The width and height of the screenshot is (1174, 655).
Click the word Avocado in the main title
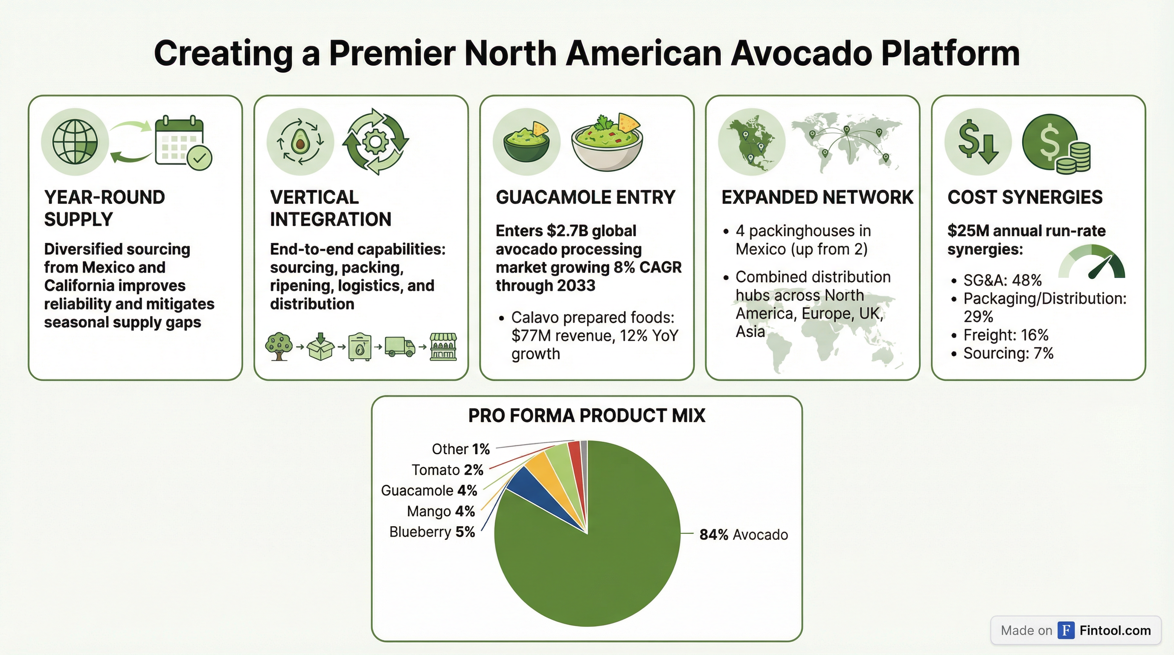802,53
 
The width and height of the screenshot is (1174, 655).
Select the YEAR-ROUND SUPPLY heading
105,208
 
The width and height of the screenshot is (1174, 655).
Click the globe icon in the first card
75,142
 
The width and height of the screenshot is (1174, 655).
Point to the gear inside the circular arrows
375,142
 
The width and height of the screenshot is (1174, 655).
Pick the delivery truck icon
400,347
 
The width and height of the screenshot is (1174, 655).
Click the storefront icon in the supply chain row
443,347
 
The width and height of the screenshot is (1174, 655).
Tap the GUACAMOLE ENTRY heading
585,197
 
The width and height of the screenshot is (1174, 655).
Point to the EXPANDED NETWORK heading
817,197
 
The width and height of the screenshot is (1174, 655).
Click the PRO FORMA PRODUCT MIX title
587,415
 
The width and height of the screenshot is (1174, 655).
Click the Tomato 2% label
448,470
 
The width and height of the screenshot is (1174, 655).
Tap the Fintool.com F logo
1066,630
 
